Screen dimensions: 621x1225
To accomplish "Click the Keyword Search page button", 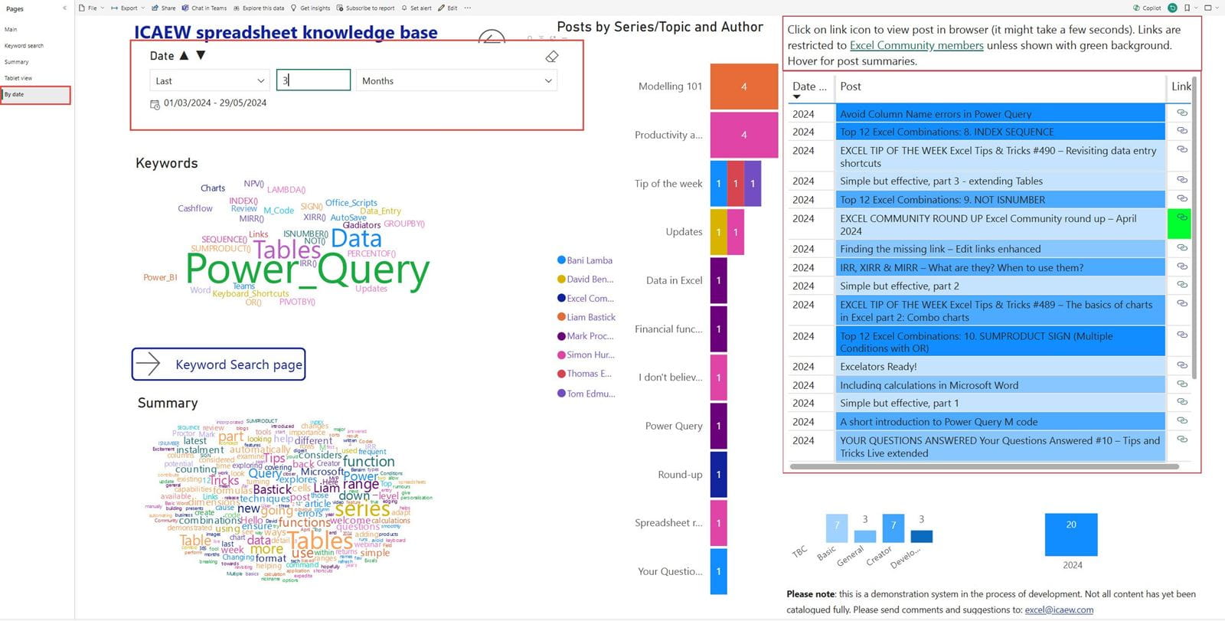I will point(218,364).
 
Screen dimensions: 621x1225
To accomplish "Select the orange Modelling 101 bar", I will point(743,87).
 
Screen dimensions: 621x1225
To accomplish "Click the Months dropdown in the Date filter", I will point(456,80).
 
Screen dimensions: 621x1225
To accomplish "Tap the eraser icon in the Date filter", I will point(551,57).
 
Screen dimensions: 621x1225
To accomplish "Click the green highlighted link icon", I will point(1182,218).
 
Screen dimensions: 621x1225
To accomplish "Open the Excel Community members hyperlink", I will point(916,45).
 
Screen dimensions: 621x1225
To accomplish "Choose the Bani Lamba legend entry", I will point(589,260).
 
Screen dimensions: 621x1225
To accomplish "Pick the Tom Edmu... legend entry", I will point(590,394).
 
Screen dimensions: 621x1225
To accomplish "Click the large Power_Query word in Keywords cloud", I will point(307,270).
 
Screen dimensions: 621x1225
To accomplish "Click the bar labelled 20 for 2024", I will point(1070,534).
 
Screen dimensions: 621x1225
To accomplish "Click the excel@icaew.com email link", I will point(1059,610).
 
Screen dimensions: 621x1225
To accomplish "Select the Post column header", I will point(851,87).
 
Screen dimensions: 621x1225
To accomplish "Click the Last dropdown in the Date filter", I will point(209,80).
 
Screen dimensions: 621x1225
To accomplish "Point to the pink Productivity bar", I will point(743,135).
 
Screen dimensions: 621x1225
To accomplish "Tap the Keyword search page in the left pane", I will point(24,46).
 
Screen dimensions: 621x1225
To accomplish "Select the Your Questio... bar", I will point(718,571).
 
